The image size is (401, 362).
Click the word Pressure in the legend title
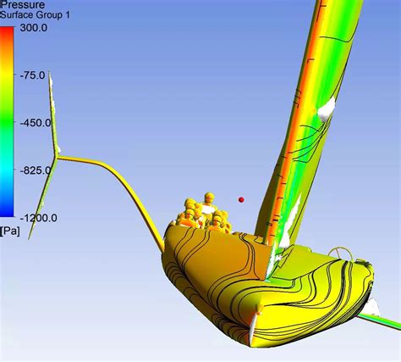click(23, 4)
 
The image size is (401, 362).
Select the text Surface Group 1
click(35, 14)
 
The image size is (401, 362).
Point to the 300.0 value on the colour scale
click(34, 28)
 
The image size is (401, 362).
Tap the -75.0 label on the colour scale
click(32, 75)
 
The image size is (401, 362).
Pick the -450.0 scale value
click(36, 123)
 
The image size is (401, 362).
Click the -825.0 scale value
click(36, 170)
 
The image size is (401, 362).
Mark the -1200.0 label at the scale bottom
click(38, 218)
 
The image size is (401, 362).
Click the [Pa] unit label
click(10, 231)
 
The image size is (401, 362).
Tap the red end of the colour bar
click(7, 30)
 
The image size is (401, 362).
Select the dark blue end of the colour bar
click(7, 214)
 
